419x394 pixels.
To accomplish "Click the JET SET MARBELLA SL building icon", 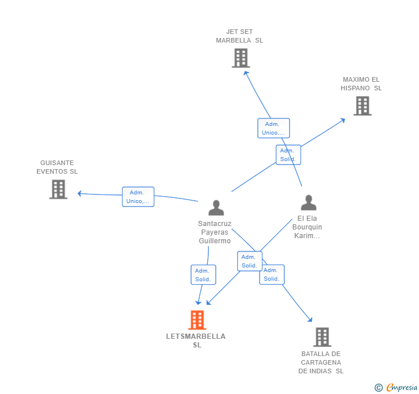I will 241,58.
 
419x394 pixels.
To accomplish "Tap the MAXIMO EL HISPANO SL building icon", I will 362,106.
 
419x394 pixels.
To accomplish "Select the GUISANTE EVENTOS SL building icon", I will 58,189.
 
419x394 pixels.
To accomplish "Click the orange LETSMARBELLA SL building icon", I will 197,320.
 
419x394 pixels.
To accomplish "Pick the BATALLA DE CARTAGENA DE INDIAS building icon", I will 322,337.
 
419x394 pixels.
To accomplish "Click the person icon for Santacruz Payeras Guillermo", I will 216,208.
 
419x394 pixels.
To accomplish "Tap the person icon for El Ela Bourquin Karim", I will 308,203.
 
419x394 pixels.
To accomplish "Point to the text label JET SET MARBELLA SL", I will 239,36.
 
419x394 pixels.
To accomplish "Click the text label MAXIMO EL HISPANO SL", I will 361,84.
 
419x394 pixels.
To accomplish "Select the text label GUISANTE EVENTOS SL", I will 57,167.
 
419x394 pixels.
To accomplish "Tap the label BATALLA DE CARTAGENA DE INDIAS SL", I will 321,362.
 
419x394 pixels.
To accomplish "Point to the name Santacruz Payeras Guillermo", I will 215,232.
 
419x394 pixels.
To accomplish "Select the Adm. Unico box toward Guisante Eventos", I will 138,197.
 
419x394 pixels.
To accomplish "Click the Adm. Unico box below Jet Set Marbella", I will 273,128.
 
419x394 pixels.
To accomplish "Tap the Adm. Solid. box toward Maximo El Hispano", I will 288,155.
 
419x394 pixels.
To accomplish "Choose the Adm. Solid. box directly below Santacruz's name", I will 203,275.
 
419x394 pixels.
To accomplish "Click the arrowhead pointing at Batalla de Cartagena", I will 310,319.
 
